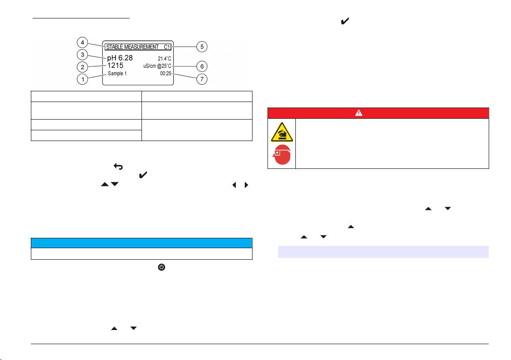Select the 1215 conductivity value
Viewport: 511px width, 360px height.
click(x=115, y=66)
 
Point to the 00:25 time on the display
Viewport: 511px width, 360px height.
click(x=165, y=74)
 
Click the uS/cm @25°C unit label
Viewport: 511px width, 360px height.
click(x=157, y=66)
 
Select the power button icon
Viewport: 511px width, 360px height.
click(x=162, y=267)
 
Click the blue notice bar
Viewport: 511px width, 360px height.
click(x=141, y=243)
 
